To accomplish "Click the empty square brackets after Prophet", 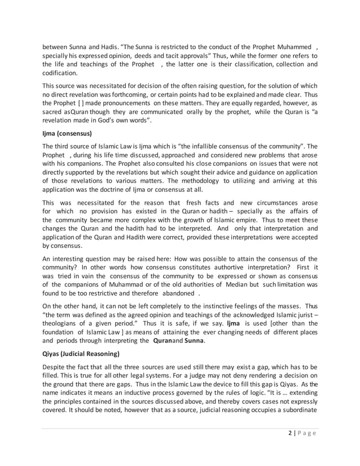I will coord(72,104).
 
